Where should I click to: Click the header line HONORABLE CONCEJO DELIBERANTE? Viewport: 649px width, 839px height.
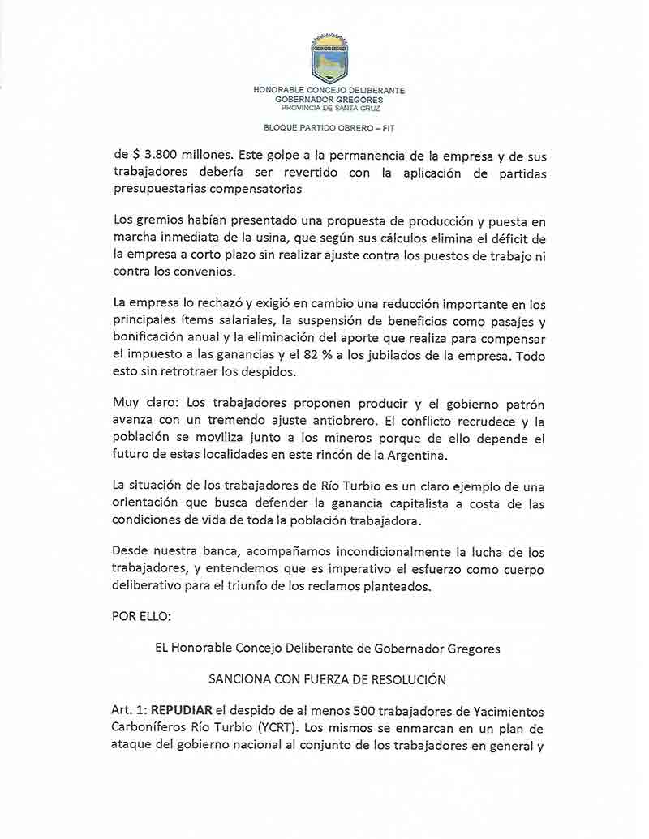(x=329, y=91)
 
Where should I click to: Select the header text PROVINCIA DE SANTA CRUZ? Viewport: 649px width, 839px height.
(x=329, y=108)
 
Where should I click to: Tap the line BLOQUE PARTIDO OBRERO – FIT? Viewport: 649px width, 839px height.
(x=329, y=128)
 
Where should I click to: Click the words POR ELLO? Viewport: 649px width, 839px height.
(x=142, y=616)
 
